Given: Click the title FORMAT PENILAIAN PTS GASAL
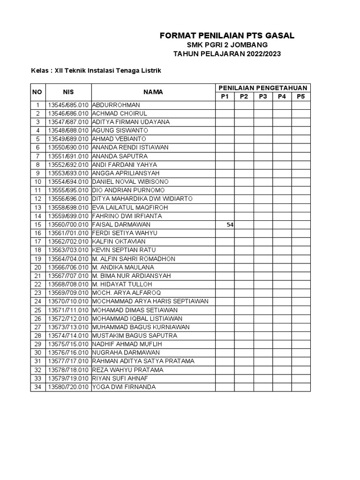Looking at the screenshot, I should tap(227, 36).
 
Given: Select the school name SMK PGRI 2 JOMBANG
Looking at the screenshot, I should tap(227, 45).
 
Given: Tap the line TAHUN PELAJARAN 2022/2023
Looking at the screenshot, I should tap(227, 54).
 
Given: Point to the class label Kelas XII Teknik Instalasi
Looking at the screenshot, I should tap(96, 70).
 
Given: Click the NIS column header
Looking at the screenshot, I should tap(68, 92).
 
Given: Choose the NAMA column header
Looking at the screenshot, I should tap(153, 92).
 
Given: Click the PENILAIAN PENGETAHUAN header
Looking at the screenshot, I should tap(262, 88).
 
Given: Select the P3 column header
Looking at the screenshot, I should tap(262, 97).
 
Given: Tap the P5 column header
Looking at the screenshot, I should tap(300, 97).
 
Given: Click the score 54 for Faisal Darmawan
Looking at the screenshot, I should tap(230, 225).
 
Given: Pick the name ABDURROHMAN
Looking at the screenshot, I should tap(116, 105).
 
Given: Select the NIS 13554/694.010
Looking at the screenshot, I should tap(68, 182).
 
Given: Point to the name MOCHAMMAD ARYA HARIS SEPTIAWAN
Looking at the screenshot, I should tap(150, 301).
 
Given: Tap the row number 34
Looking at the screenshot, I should tap(37, 387).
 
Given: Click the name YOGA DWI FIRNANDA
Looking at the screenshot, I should tap(124, 387).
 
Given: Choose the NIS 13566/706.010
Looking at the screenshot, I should tap(68, 267).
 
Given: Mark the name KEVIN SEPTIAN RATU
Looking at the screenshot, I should tap(124, 250).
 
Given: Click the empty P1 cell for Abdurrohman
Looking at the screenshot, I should tap(225, 105).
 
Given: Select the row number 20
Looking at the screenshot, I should tap(37, 267).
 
